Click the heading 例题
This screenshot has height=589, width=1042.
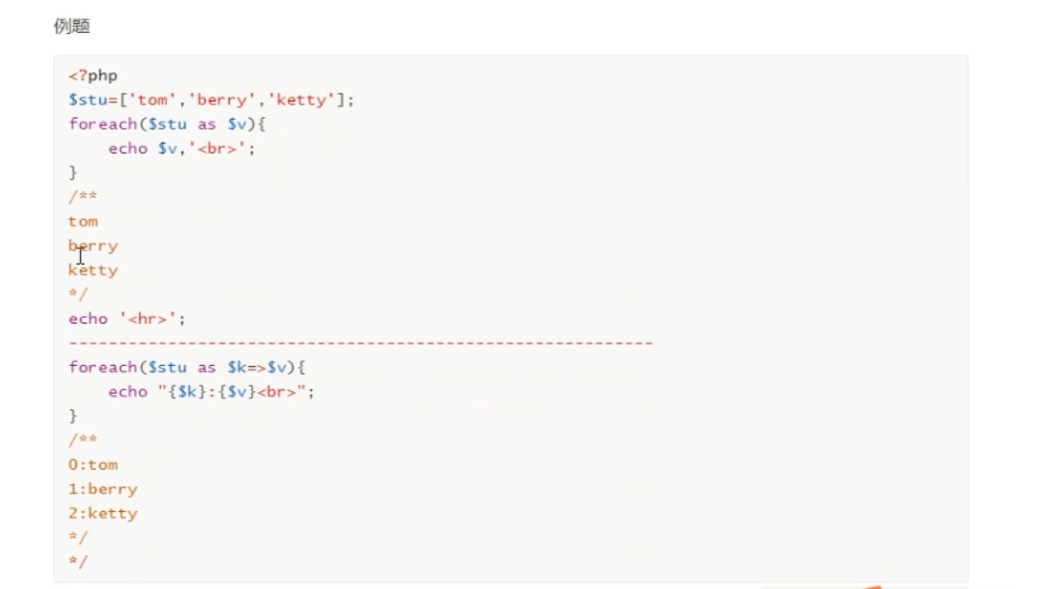click(70, 27)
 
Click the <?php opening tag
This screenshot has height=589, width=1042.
click(93, 75)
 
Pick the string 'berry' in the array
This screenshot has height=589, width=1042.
click(222, 99)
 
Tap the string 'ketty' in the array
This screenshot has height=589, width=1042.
click(302, 99)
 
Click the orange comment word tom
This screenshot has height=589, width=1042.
click(83, 221)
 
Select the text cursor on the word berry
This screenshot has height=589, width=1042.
click(81, 255)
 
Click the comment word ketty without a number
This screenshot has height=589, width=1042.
click(94, 270)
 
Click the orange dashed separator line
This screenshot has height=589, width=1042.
click(360, 343)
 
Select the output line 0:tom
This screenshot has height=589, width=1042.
click(93, 464)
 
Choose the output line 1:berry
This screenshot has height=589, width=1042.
click(102, 489)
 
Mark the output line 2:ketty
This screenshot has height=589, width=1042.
click(102, 513)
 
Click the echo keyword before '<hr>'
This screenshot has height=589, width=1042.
click(88, 319)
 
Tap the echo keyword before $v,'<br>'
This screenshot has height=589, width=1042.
click(127, 149)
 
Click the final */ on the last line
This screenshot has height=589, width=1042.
click(77, 561)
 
